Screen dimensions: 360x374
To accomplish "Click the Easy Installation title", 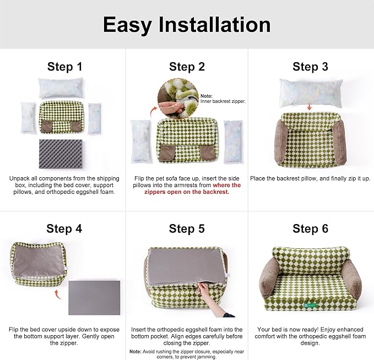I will pos(187,25).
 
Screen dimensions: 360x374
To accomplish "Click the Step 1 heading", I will pos(64,67).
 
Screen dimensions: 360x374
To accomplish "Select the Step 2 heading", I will pos(187,67).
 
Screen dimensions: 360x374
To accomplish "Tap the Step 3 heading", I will pos(310,67).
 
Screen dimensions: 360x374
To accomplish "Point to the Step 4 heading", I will pos(64,228).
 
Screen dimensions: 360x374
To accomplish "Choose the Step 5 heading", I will pos(187,228).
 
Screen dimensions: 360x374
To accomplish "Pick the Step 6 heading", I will pos(310,228).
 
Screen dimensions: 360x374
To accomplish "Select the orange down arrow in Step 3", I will pos(310,106).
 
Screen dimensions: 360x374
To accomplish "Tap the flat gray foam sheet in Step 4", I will pos(95,297).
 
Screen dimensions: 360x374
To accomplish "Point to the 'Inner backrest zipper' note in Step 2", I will pos(223,99).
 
